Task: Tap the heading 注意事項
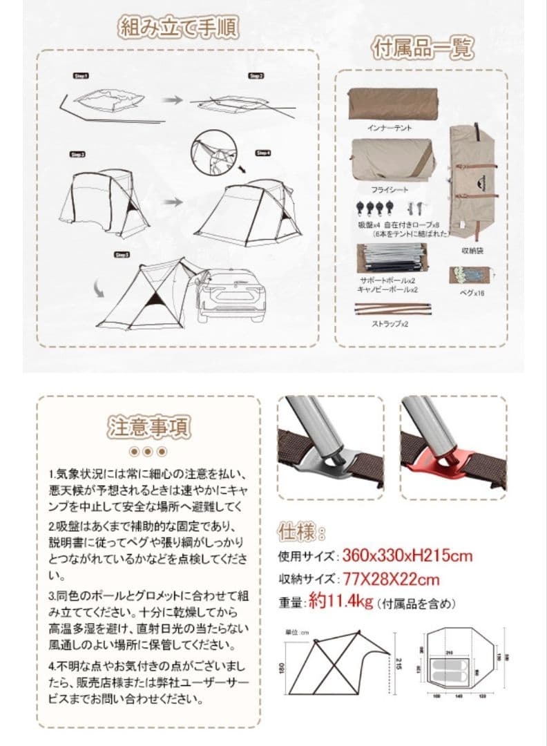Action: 148,427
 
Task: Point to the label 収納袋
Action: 472,251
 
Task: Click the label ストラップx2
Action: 391,323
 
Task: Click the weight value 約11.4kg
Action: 340,602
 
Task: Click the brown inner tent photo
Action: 392,104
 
